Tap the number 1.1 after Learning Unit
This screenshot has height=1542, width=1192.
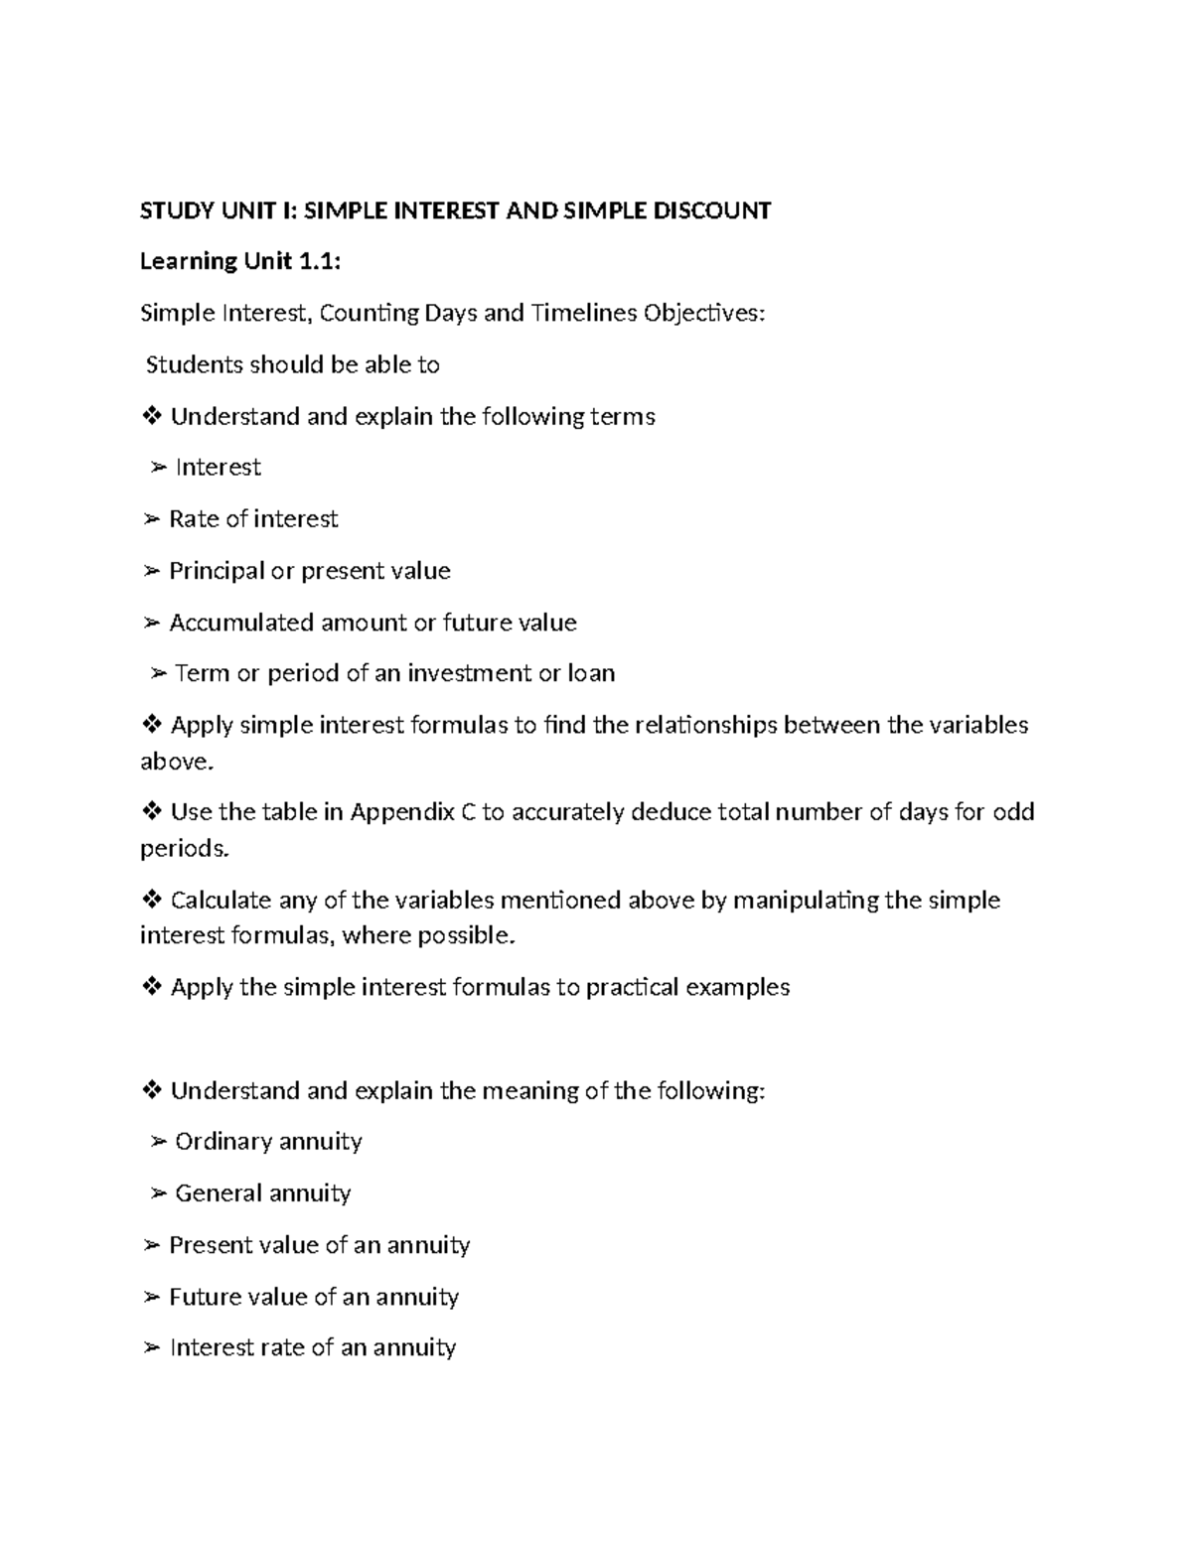319,261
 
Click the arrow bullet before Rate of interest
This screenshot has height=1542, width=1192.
151,519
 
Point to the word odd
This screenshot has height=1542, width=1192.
1013,812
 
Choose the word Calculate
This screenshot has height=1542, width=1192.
221,900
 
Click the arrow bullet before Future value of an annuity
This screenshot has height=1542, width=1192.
151,1297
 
